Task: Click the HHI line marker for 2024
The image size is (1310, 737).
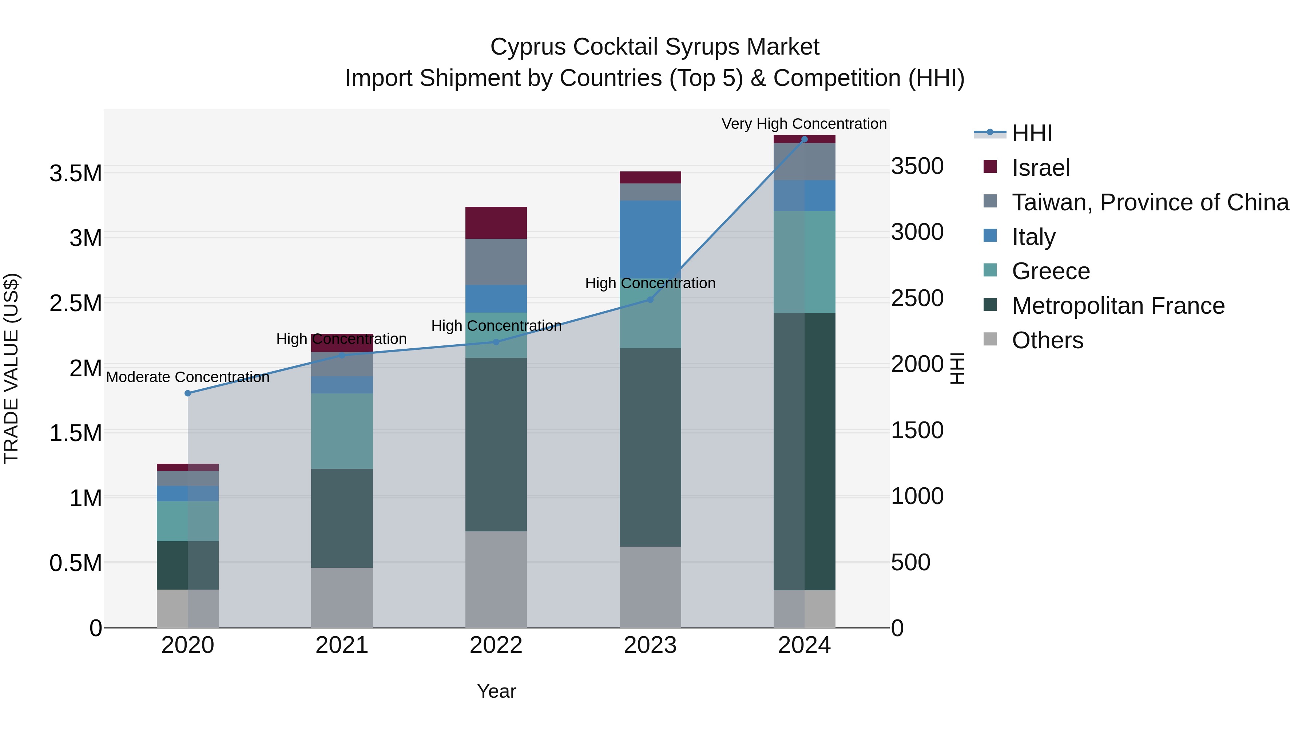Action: click(x=804, y=139)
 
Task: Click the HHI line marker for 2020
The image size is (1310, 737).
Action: click(x=188, y=393)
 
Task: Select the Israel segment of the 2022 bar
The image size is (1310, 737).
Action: click(x=496, y=223)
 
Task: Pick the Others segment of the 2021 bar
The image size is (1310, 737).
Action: click(x=342, y=598)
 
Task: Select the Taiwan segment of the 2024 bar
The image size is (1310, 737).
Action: click(x=804, y=162)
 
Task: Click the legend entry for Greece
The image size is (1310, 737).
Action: click(x=1050, y=271)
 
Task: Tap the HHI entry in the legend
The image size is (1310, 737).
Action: click(x=1031, y=133)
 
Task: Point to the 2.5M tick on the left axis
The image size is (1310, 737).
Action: click(x=76, y=303)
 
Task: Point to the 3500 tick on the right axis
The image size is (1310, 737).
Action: click(x=917, y=166)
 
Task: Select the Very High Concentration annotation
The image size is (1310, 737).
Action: click(x=804, y=124)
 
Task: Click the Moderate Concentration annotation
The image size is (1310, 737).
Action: click(x=188, y=377)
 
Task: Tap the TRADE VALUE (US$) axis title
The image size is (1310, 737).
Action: click(x=11, y=368)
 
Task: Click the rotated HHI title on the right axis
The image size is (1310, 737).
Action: click(x=957, y=368)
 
